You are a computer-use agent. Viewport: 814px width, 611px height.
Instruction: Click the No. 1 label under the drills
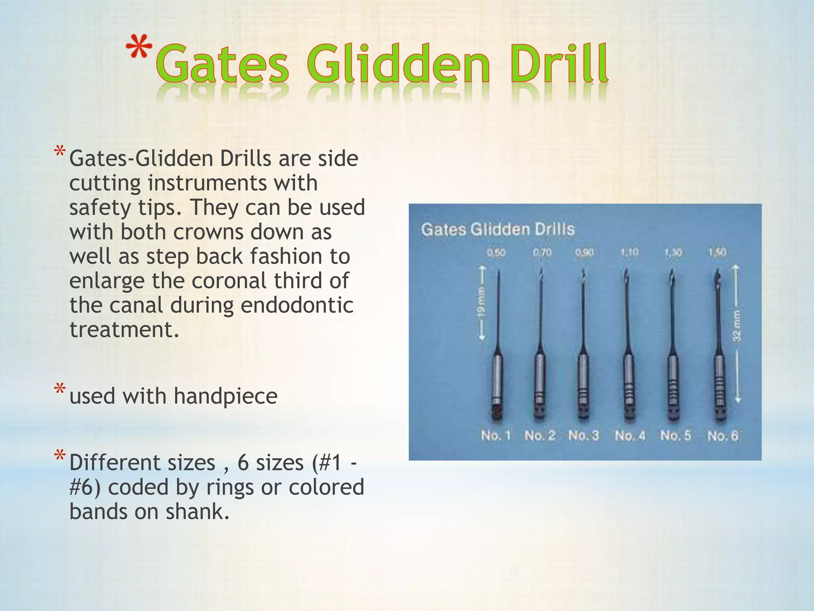495,435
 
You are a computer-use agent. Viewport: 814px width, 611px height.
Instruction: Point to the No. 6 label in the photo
722,436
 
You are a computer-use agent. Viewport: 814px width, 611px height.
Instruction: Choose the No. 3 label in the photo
583,435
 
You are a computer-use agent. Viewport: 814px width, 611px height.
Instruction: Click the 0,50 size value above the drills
496,253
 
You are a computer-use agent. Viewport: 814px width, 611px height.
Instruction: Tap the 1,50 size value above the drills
717,252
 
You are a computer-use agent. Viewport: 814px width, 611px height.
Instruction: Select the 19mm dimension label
481,304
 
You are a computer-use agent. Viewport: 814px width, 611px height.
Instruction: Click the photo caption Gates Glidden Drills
498,230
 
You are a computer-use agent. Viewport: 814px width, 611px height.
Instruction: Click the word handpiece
225,397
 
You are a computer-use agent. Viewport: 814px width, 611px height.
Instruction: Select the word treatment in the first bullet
124,330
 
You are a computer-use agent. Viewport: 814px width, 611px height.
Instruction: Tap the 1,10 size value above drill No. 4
629,252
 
